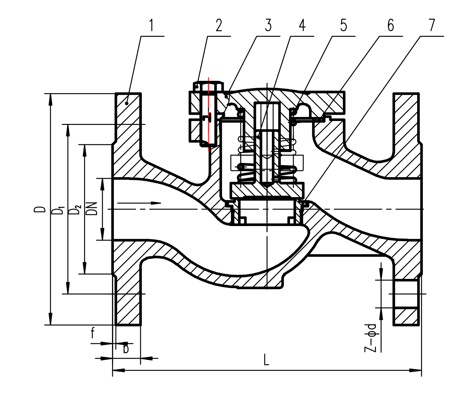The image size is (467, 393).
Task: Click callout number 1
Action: tap(152, 25)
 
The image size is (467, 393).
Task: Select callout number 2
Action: tap(219, 25)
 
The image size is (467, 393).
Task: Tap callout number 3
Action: tap(268, 25)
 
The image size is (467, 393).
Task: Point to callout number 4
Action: tap(302, 25)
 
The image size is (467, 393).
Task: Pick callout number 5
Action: tap(344, 25)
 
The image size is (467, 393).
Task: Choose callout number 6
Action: tap(391, 25)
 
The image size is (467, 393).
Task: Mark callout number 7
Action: tap(432, 25)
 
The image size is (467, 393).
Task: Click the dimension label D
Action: tap(40, 209)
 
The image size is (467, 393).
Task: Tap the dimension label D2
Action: tap(75, 210)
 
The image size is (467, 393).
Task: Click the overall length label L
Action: tap(266, 360)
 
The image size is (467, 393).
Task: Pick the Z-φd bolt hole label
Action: tap(371, 338)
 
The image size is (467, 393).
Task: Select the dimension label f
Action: tap(92, 333)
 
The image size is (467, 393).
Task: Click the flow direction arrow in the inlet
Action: tap(140, 203)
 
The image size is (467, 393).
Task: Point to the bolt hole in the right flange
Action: tap(406, 294)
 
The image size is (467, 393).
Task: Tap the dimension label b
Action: tap(126, 348)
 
